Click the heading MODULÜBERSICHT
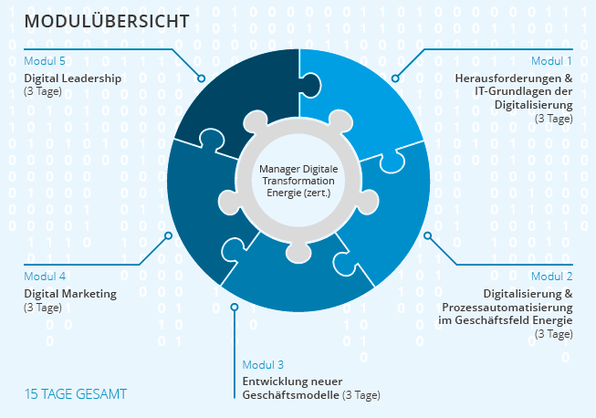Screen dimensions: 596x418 (x=107, y=21)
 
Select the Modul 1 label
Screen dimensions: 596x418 (x=551, y=61)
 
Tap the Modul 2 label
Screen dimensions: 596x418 (x=551, y=277)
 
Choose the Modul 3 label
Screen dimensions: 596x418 (x=263, y=365)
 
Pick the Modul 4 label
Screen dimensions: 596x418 (x=45, y=277)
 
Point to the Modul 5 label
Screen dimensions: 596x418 (x=45, y=61)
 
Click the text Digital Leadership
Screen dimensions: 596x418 (x=73, y=78)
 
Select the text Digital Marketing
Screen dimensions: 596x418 (x=70, y=294)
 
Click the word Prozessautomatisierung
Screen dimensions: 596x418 (x=507, y=307)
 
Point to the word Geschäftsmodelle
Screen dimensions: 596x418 (x=291, y=395)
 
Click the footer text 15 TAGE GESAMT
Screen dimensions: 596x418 (x=76, y=394)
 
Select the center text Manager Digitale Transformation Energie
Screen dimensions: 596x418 (x=298, y=181)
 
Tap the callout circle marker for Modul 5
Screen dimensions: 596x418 (x=201, y=78)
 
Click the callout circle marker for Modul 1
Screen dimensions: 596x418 (x=395, y=78)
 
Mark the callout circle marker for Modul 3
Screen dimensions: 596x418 (x=235, y=307)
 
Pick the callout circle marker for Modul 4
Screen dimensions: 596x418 (x=168, y=235)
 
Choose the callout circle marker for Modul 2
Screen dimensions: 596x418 (x=428, y=235)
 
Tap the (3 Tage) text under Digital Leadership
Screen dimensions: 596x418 (x=43, y=91)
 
